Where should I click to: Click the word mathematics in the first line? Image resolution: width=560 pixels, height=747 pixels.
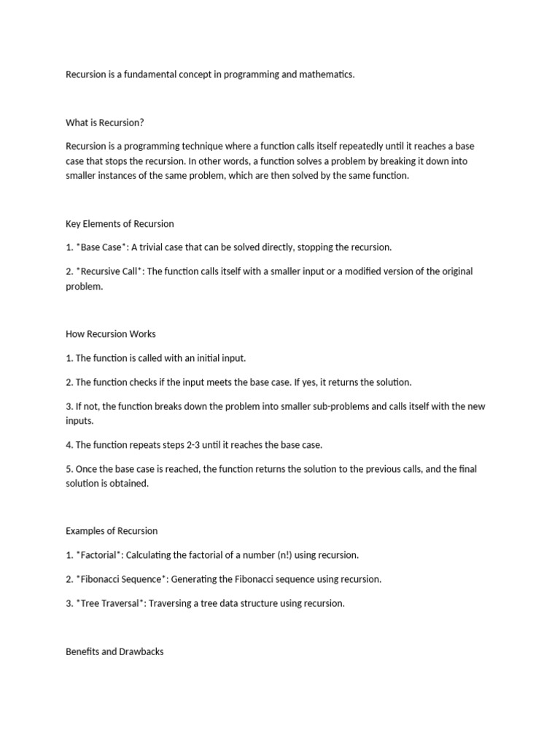click(327, 74)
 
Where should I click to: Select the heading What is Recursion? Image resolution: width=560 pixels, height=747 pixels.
click(105, 123)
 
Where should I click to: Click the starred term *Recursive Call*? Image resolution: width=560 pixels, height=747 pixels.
click(109, 271)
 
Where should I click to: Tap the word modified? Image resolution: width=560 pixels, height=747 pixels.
click(361, 271)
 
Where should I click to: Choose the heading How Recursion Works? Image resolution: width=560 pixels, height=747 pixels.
click(111, 334)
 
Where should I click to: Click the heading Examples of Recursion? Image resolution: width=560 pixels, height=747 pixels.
click(112, 530)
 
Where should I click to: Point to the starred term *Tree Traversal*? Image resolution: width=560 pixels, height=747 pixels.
click(109, 603)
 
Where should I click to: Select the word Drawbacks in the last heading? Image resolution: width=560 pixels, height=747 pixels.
click(141, 651)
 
